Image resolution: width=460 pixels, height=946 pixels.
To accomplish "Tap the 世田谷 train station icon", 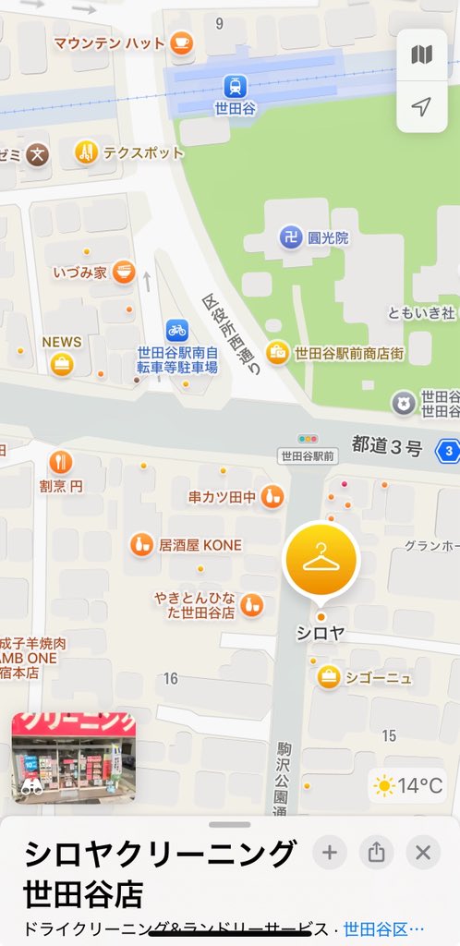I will click(x=235, y=86).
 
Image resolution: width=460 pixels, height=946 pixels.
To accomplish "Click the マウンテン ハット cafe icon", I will click(x=182, y=42).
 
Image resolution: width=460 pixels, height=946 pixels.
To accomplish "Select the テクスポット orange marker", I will click(x=86, y=152).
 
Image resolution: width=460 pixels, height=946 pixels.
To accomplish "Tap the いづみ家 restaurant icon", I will click(x=125, y=273).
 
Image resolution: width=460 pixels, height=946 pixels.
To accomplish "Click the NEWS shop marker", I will click(x=62, y=364).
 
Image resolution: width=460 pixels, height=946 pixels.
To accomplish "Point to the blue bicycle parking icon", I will click(x=176, y=330).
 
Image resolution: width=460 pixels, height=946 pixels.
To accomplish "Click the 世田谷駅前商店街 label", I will click(x=349, y=353).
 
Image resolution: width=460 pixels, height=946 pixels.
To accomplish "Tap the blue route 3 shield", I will click(x=448, y=451).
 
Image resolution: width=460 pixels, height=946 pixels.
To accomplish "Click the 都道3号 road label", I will click(x=386, y=448).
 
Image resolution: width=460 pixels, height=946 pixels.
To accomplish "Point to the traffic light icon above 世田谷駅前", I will click(x=308, y=439).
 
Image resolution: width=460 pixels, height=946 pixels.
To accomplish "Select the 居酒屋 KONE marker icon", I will click(x=141, y=544).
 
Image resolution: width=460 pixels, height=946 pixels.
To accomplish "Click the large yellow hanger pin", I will click(x=321, y=559).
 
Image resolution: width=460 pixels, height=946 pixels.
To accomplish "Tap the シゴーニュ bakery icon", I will click(x=328, y=677).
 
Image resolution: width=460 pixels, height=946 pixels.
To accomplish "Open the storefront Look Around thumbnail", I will click(x=74, y=758).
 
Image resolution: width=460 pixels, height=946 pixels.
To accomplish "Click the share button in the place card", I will click(x=376, y=853).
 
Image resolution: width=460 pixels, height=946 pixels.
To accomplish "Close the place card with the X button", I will click(x=423, y=853).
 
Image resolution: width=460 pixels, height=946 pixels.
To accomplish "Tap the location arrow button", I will click(x=421, y=107).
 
